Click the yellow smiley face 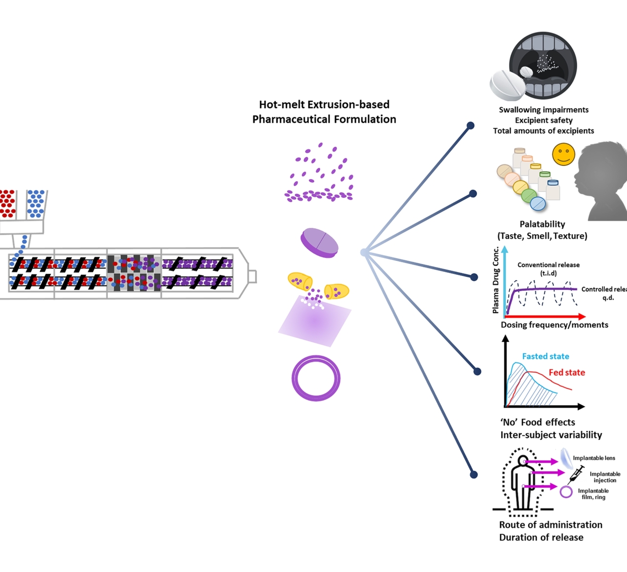point(563,154)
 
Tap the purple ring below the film point(316,379)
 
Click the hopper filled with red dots point(8,204)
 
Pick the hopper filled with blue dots point(36,204)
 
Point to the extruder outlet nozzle point(252,276)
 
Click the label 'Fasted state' point(546,356)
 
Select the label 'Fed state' point(567,372)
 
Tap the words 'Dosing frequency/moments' point(554,325)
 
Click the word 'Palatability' point(542,224)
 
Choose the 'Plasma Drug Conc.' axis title point(496,280)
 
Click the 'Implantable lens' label point(594,458)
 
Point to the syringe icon point(576,473)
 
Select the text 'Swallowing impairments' point(544,110)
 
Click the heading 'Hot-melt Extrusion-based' point(324,104)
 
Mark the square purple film point(315,321)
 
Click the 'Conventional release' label point(548,265)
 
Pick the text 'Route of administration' point(550,524)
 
